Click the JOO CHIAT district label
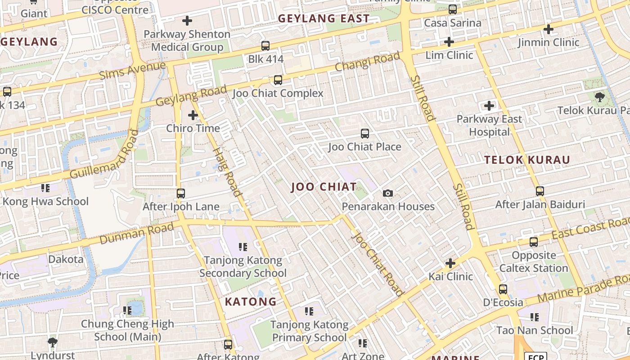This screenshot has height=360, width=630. pos(324,187)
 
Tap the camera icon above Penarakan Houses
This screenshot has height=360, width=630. pos(387,193)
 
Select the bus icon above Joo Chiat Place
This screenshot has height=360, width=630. pos(364,134)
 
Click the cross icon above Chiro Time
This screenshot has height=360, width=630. pos(193,115)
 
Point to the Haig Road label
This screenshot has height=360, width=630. pos(227,171)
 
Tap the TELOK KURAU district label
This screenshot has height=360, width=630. pos(527,160)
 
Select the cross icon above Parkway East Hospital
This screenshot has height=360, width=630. pos(489,106)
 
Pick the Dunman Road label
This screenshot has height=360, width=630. pos(136,234)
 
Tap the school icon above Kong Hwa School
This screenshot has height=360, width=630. pos(45,188)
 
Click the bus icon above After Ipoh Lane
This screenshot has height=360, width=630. pos(181,193)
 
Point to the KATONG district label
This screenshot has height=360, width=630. pos(251,301)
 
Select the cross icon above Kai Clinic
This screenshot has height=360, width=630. pos(450,263)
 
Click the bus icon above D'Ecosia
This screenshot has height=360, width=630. pos(503,289)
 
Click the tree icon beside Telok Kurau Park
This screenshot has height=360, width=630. pos(599,97)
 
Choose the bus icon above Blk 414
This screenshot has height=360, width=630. pos(265,46)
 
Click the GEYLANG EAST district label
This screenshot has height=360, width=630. pos(324,18)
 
